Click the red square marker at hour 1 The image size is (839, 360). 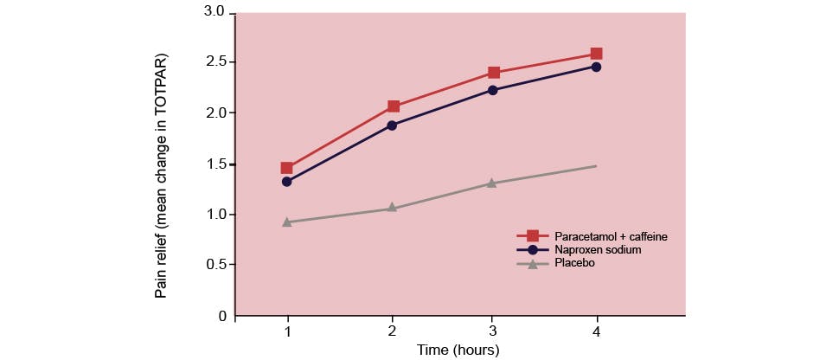[287, 168]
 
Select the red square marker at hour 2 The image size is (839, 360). [393, 106]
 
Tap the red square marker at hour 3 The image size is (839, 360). [493, 73]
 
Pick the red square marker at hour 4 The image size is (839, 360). [596, 54]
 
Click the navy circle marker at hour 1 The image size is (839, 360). [287, 182]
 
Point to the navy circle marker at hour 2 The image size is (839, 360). [393, 125]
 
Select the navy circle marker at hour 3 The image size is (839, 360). [493, 90]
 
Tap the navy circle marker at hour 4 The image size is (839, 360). [596, 67]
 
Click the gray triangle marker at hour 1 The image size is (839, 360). [287, 222]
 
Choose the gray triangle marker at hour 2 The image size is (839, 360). [393, 208]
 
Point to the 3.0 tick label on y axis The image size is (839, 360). [214, 12]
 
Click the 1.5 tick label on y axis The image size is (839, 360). [214, 164]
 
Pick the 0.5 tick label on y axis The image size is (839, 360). [214, 265]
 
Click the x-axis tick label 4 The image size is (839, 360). [596, 332]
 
